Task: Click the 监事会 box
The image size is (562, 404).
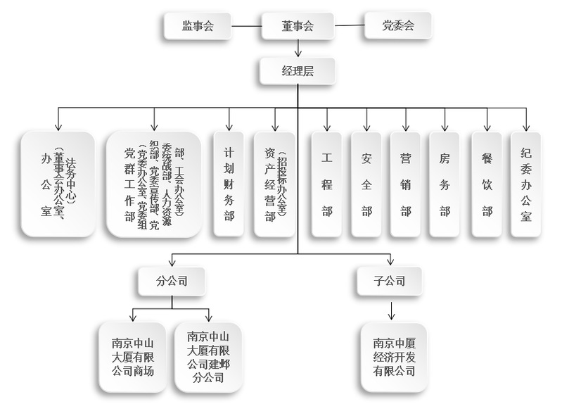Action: coord(198,27)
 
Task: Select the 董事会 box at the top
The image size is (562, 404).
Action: coord(298,27)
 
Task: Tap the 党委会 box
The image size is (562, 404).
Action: coord(399,27)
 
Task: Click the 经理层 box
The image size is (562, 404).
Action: coord(298,72)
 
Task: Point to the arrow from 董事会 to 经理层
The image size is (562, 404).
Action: coord(298,49)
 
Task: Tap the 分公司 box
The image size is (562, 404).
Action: coord(172,280)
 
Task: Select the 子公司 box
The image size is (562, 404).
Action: coord(390,280)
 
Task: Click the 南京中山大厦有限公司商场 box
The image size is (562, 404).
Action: coord(133,358)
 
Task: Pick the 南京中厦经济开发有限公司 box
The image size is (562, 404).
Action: coord(394,358)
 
